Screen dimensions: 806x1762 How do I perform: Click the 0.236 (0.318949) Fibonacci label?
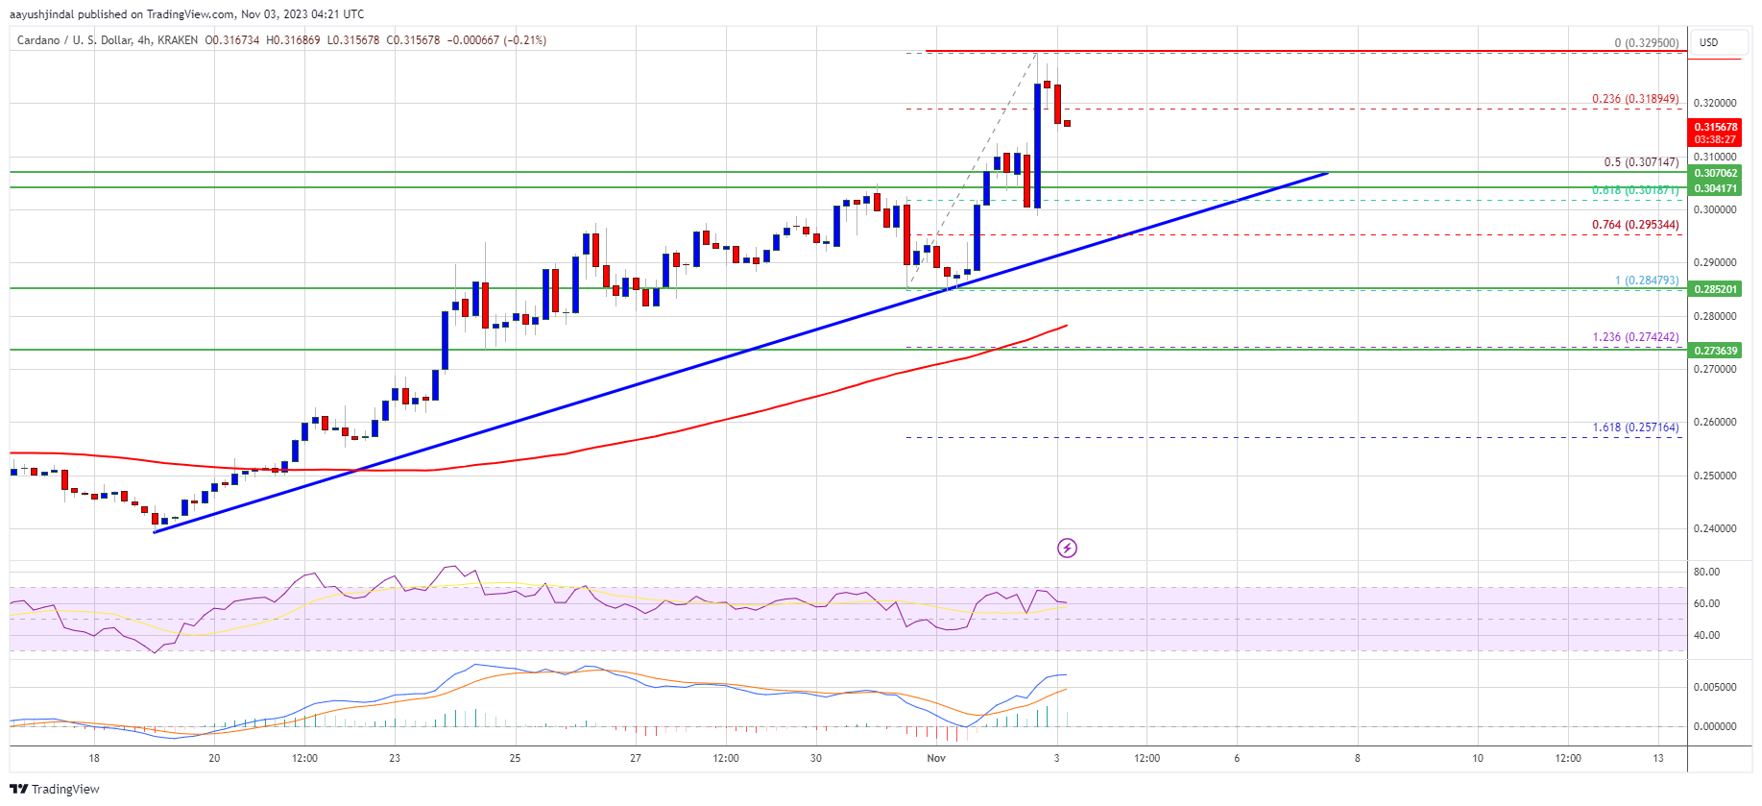click(1634, 99)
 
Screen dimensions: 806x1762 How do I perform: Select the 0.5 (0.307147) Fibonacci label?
click(1641, 162)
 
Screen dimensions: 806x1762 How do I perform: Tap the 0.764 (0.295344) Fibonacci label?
click(1634, 225)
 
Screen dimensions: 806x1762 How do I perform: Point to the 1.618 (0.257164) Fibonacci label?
click(1635, 427)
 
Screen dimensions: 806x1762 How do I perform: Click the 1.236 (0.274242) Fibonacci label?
click(1635, 337)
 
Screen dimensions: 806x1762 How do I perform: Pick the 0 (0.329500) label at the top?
click(1646, 43)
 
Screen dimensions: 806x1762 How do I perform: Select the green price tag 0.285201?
click(1715, 289)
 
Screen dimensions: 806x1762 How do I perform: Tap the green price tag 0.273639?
click(1715, 351)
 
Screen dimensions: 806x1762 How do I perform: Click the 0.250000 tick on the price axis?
click(1715, 476)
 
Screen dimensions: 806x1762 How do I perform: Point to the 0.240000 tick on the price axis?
click(1715, 528)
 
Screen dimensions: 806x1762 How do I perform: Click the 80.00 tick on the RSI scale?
click(1706, 572)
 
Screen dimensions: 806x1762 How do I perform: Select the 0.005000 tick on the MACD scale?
click(1715, 687)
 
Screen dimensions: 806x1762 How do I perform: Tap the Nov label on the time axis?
click(936, 758)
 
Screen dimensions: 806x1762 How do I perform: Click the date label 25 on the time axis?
click(516, 758)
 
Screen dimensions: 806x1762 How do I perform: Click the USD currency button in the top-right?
click(1709, 42)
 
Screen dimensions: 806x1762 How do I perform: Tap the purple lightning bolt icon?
click(1067, 549)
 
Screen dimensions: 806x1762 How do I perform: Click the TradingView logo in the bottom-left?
click(55, 789)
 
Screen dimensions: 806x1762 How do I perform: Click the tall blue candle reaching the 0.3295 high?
click(1037, 144)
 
